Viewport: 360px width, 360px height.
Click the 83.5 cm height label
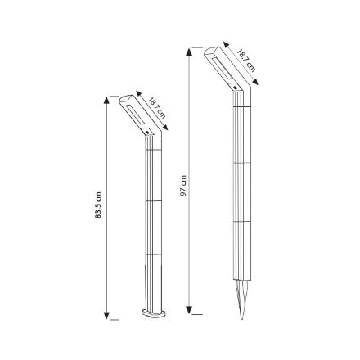coord(98,205)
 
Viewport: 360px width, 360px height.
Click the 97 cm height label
coord(183,186)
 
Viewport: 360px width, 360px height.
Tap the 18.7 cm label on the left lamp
coord(157,108)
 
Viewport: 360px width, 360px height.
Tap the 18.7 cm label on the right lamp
coord(246,61)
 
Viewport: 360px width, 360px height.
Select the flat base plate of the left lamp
coord(153,313)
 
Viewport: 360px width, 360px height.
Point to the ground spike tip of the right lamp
coord(241,319)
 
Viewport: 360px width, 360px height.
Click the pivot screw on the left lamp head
coord(147,133)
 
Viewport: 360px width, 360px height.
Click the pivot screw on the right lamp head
coord(235,88)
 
